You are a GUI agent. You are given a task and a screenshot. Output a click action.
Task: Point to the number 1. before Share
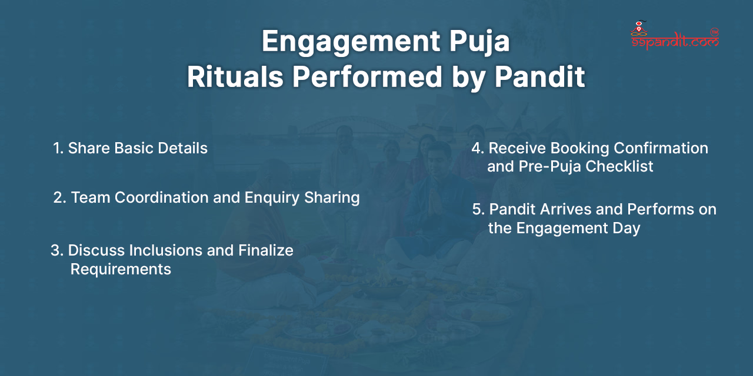tap(58, 148)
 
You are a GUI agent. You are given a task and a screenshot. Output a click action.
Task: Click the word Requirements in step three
tap(121, 269)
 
